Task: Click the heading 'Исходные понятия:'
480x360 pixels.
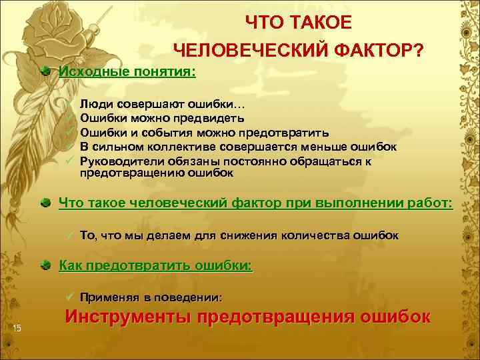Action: click(127, 71)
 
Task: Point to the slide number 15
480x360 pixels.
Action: click(17, 326)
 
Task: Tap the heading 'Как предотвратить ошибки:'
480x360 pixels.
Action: click(156, 265)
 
